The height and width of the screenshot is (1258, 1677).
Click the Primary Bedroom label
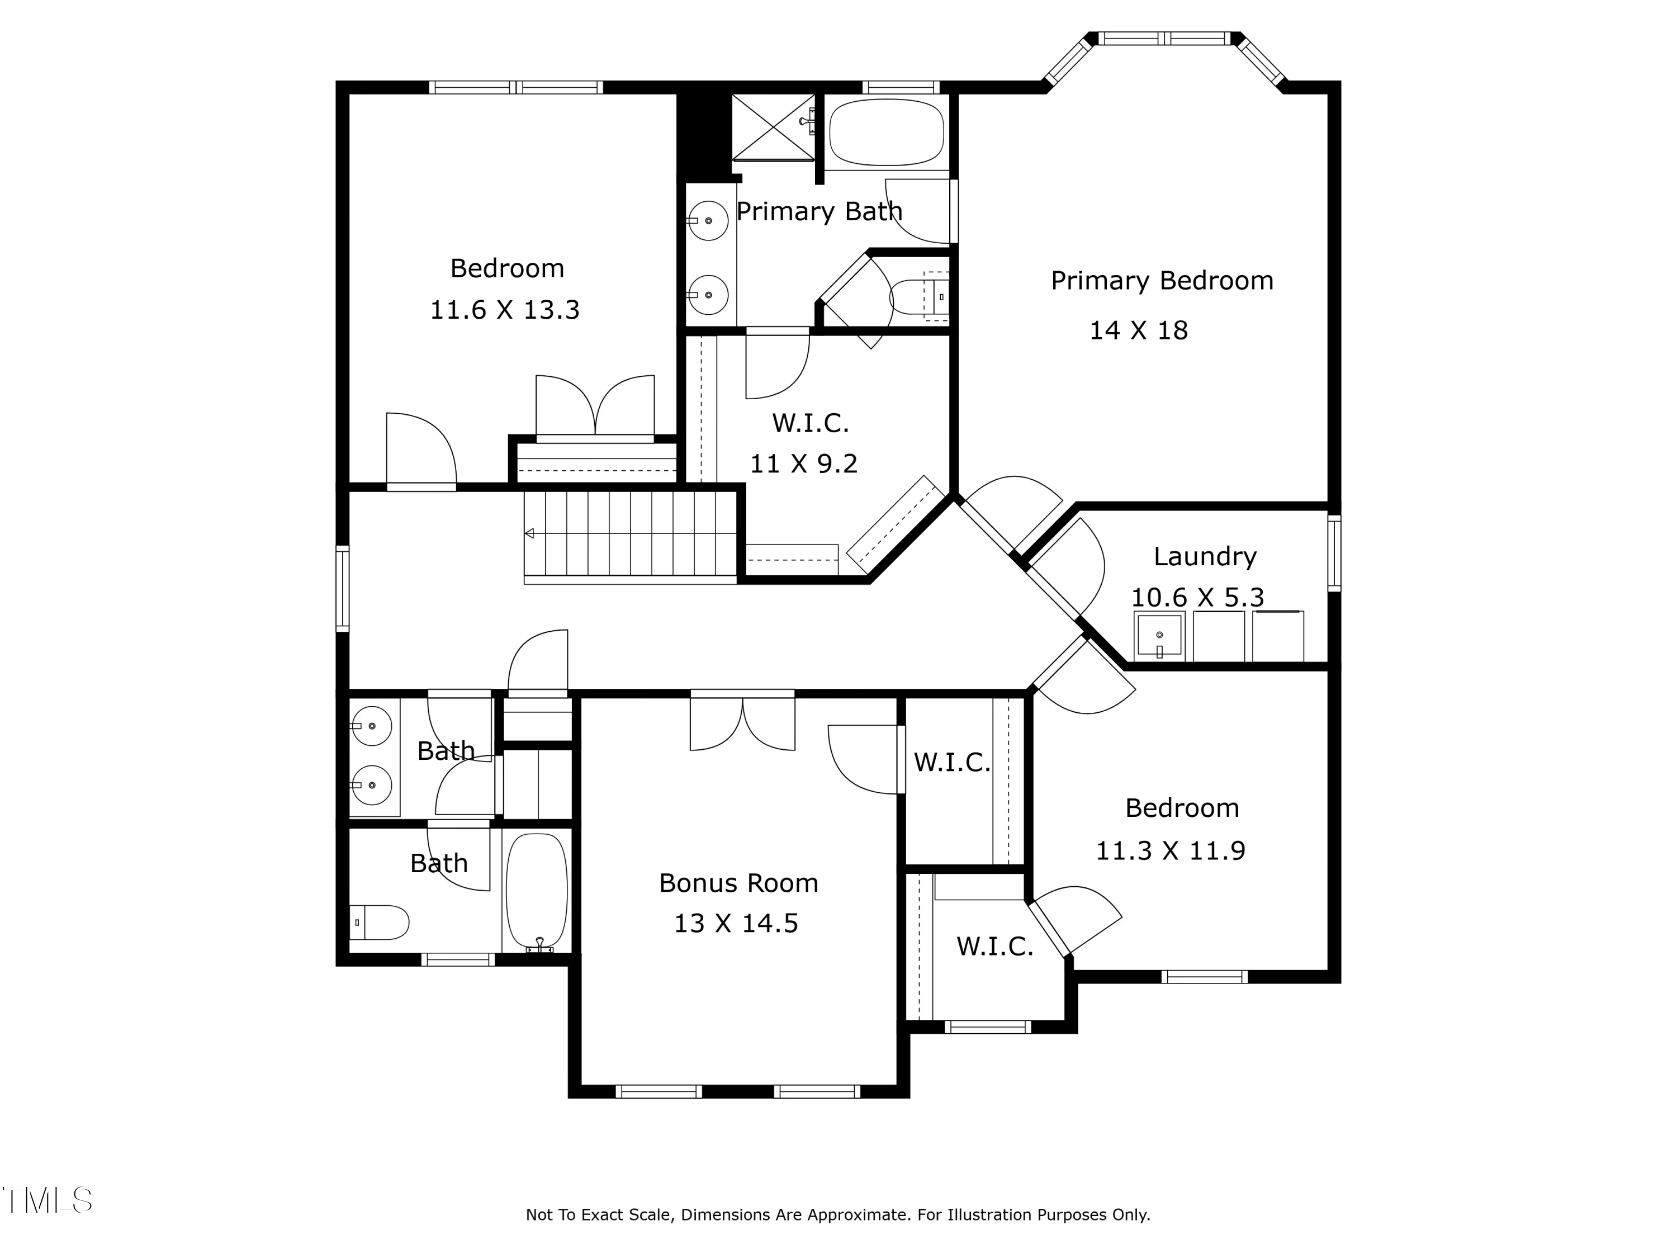tap(1162, 281)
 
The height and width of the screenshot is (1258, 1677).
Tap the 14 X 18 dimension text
tap(1139, 330)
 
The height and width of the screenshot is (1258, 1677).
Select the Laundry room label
tap(1205, 556)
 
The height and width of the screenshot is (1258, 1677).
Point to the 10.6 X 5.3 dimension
tap(1198, 598)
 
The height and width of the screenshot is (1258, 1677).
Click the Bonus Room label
tap(738, 883)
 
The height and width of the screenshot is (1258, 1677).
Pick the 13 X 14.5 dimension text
tap(736, 924)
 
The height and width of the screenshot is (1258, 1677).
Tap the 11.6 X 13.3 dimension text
tap(505, 310)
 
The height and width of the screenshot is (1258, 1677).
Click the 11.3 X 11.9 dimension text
tap(1171, 851)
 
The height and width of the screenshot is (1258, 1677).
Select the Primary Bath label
tap(819, 211)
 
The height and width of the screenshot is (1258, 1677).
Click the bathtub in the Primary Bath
tap(886, 132)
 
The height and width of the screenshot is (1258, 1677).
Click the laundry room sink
tap(1159, 636)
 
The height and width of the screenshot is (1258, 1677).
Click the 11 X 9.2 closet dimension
tap(804, 464)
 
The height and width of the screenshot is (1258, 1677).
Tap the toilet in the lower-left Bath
tap(379, 922)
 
